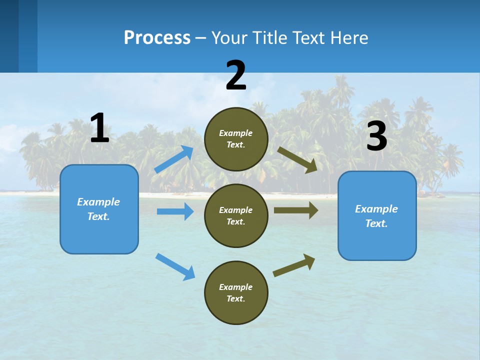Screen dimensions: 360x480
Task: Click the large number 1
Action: coord(99,128)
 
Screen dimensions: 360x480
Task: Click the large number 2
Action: coord(236,75)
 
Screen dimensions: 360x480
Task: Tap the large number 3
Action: coord(376,136)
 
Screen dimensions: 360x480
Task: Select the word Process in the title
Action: coord(157,37)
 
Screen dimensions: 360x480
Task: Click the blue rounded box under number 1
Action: coord(99,209)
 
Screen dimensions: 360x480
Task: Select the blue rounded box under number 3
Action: coord(377,215)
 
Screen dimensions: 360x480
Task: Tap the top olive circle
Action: coord(236,139)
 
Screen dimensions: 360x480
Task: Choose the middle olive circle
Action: coord(236,215)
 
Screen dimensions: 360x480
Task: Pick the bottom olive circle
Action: coord(236,292)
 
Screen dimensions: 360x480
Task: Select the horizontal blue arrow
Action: coord(175,211)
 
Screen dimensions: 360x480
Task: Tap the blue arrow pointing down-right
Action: coord(175,266)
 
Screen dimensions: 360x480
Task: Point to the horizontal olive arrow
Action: coord(295,210)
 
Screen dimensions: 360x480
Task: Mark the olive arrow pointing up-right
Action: coord(294,265)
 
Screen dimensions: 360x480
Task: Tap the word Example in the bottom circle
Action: coord(236,287)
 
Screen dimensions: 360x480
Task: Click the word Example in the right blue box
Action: coord(376,209)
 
